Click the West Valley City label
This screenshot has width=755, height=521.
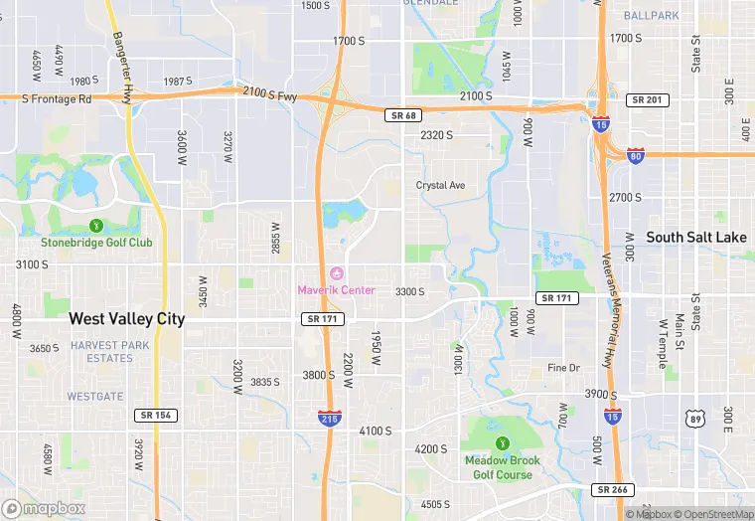126,319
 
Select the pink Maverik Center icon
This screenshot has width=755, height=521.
336,273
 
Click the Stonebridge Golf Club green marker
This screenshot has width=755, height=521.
96,226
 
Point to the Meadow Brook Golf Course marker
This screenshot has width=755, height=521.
503,443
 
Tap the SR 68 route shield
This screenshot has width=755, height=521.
398,116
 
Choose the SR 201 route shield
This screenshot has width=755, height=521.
648,100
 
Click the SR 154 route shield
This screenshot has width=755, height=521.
156,415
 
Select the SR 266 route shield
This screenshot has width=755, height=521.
614,490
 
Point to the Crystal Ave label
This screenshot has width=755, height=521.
440,185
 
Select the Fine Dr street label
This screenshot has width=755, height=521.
563,368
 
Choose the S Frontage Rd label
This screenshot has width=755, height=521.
56,99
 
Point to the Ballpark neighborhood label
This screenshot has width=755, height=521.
653,16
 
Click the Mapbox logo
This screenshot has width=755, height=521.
44,508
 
